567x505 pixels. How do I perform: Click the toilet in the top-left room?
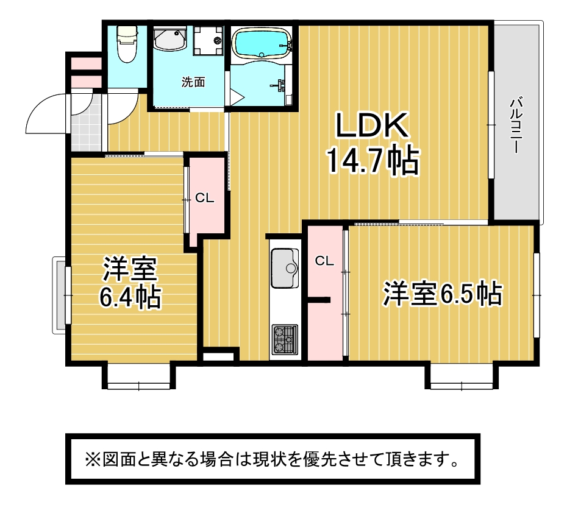127,44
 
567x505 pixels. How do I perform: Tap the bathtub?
262,44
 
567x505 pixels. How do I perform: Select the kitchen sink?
285,268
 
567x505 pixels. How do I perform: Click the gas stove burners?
285,339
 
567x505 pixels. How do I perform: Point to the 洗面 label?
193,82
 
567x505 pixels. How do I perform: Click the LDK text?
373,125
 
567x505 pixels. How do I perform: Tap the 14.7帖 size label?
373,161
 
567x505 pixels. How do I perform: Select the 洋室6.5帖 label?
443,294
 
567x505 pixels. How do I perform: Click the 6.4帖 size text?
130,297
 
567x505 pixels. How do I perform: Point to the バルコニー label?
515,125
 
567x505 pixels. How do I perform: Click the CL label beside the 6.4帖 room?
205,198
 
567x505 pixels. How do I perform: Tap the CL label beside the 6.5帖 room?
324,261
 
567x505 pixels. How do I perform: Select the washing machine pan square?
208,41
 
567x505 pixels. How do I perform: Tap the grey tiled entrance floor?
87,123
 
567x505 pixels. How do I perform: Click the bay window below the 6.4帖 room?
139,376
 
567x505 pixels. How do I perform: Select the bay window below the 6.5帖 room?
462,376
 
